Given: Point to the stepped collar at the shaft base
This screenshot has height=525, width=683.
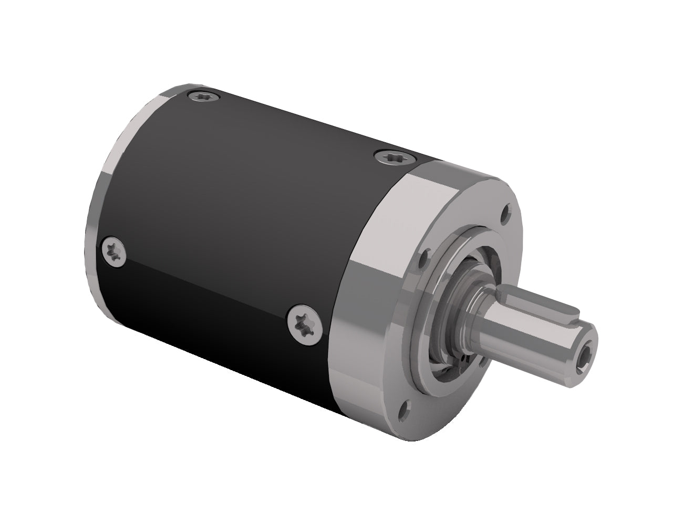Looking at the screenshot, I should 473,310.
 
